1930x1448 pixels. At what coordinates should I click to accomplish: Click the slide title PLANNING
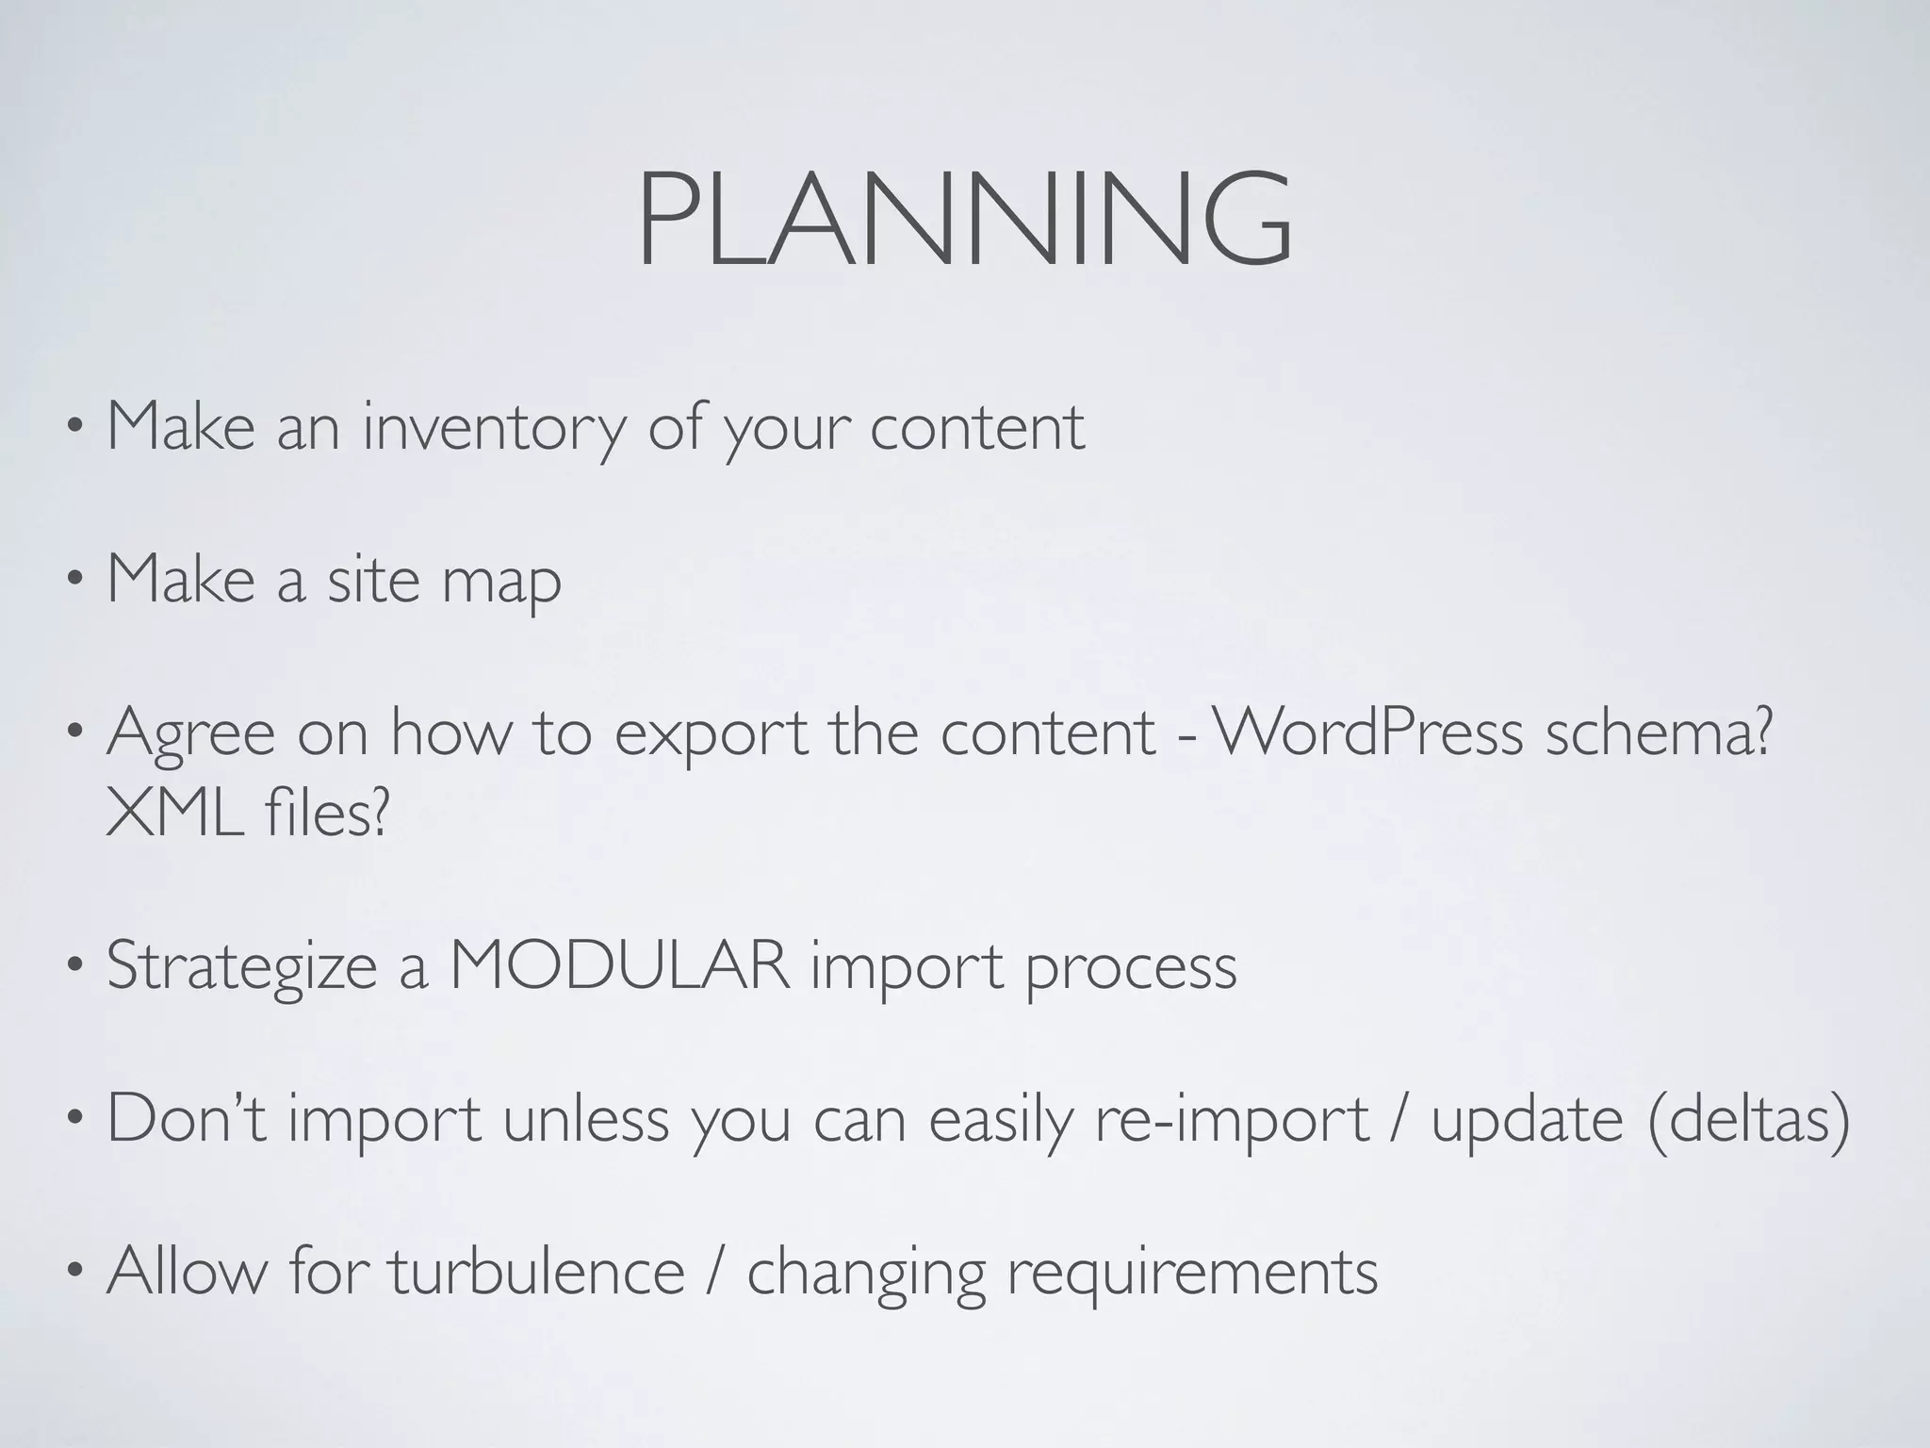[x=964, y=220]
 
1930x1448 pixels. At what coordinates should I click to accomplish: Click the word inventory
[x=494, y=427]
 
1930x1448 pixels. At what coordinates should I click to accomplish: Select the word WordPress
[x=1367, y=732]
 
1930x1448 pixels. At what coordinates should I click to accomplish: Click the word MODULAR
[x=619, y=966]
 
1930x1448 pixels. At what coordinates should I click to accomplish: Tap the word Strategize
[x=241, y=968]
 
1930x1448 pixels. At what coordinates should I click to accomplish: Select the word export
[x=711, y=734]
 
